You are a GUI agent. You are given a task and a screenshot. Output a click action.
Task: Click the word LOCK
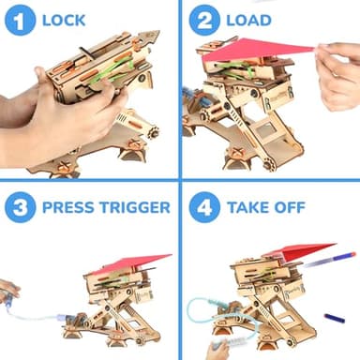click(64, 20)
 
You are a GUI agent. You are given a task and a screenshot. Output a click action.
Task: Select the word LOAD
click(249, 20)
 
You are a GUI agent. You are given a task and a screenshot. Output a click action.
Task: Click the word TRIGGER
click(136, 207)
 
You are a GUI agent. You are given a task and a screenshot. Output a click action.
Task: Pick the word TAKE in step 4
click(250, 207)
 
